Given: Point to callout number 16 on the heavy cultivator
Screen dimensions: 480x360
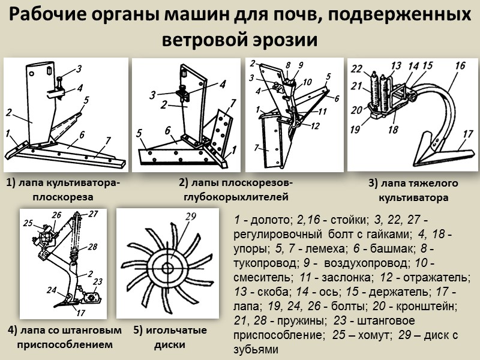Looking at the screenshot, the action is [x=460, y=65].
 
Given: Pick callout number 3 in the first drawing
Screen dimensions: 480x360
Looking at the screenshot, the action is [x=79, y=67].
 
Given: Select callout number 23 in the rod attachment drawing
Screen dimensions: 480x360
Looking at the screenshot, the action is [x=98, y=281].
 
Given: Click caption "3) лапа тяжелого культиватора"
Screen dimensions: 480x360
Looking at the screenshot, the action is [x=413, y=190].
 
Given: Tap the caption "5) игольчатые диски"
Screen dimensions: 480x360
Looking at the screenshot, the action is [x=170, y=337].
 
